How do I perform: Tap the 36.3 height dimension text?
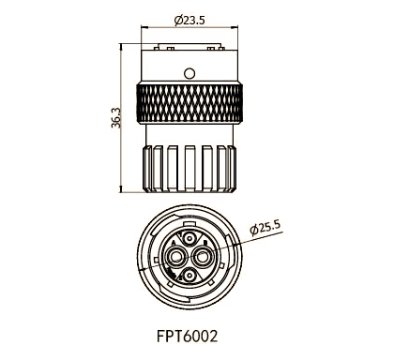tap(116, 118)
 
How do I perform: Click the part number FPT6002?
tap(190, 333)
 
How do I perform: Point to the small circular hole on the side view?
tap(190, 71)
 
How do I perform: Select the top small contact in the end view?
tap(190, 239)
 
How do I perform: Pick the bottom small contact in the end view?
tap(190, 276)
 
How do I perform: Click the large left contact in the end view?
tap(175, 255)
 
